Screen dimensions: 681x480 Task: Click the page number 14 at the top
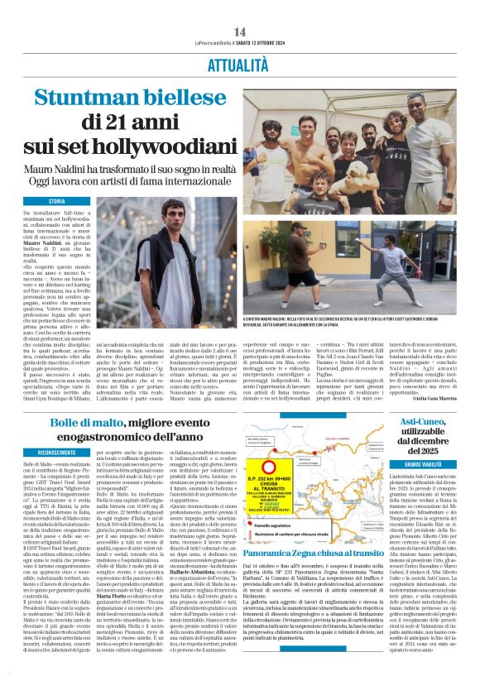tap(239, 31)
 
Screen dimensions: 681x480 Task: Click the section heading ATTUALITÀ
tap(239, 63)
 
